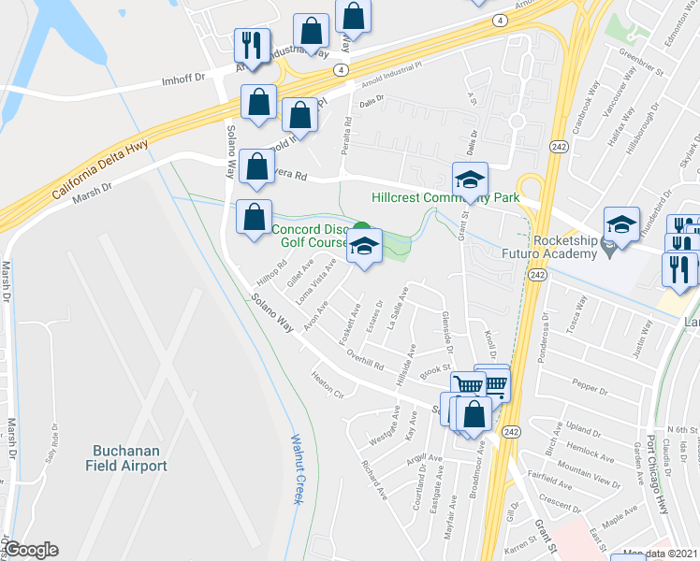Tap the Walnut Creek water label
point(297,468)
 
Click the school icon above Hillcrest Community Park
point(470,180)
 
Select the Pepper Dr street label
point(591,384)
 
